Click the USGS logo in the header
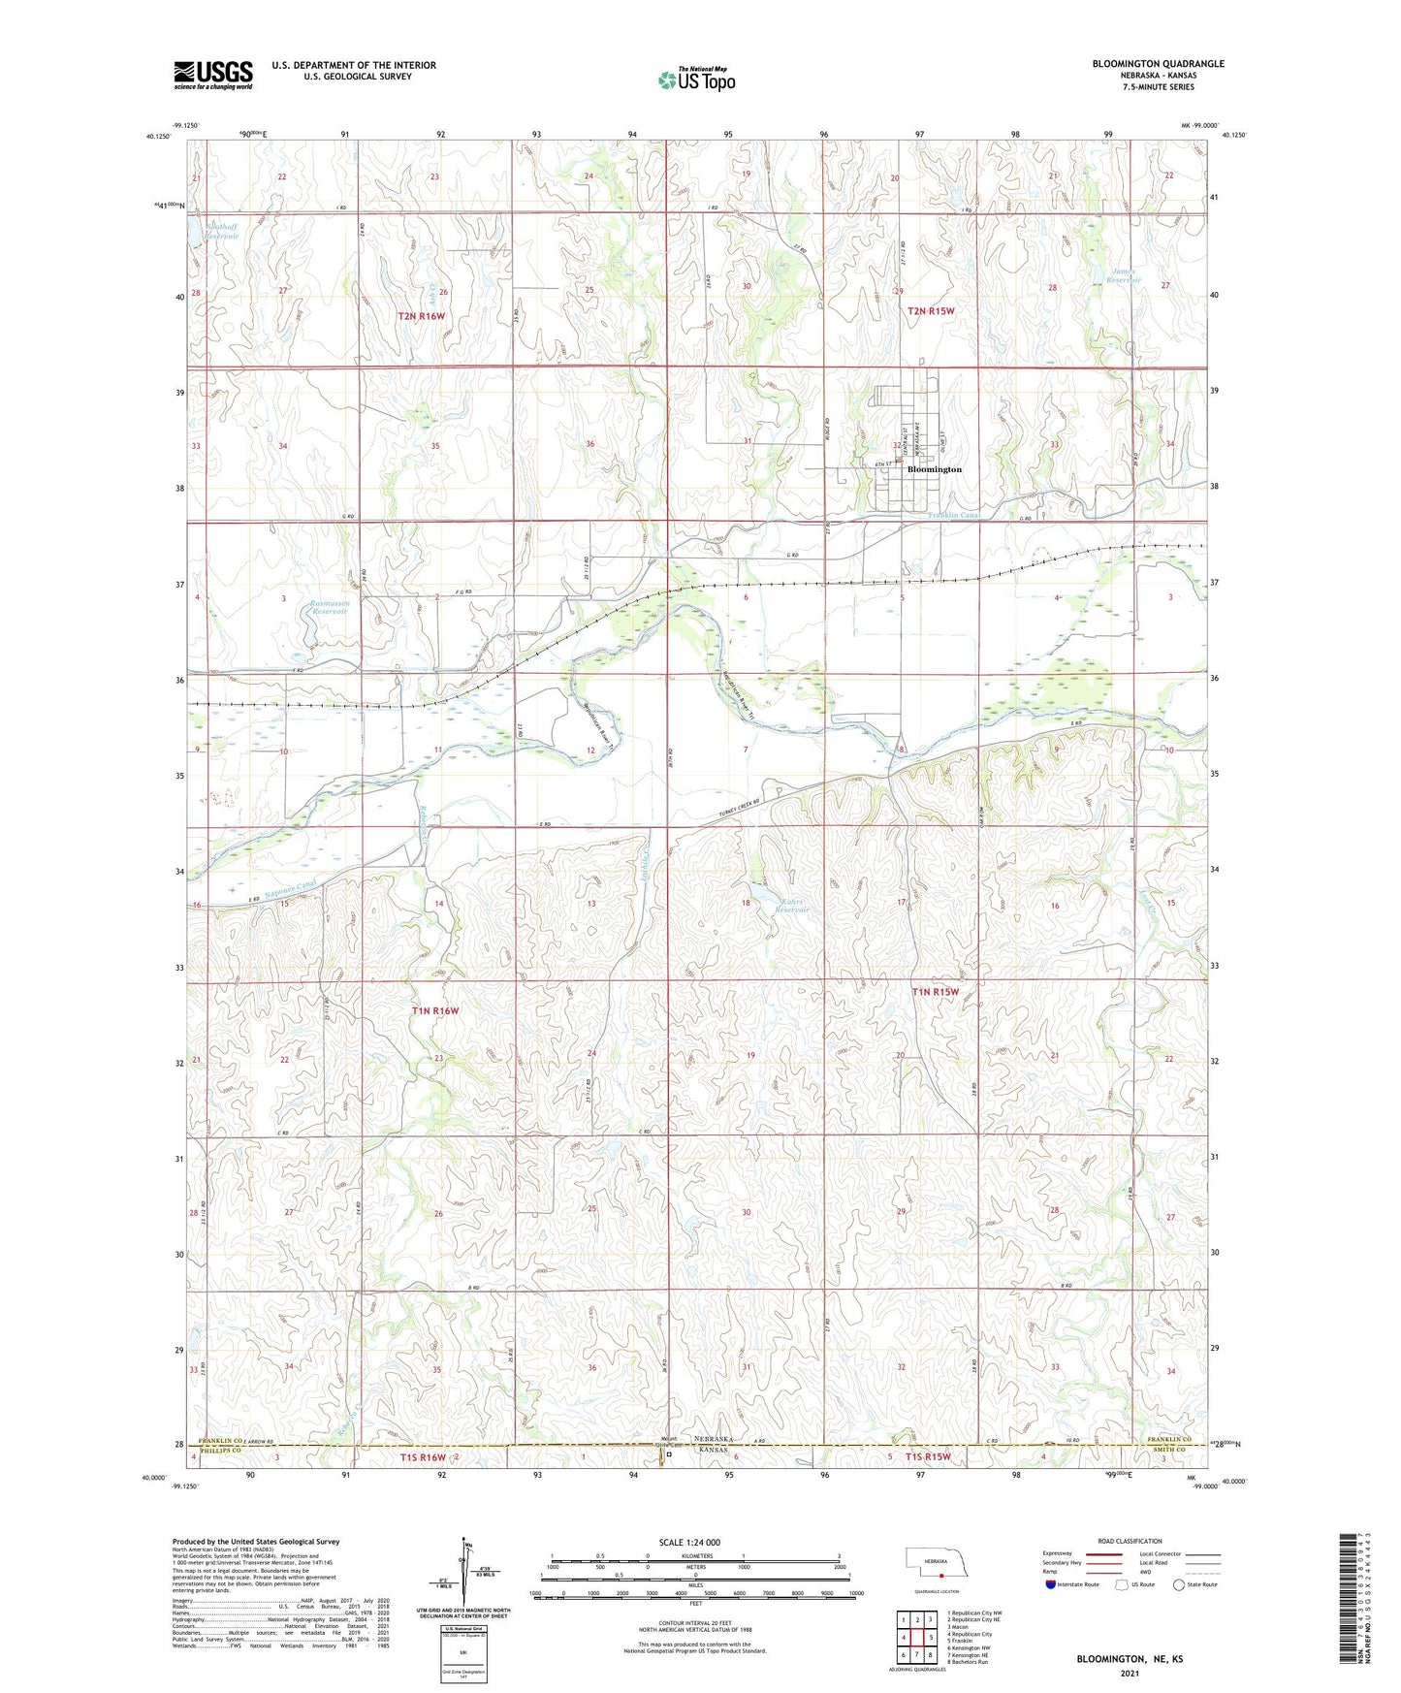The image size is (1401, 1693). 213,75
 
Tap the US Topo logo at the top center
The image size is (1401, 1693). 696,80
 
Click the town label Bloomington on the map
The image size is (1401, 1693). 934,469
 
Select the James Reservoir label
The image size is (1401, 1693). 1126,276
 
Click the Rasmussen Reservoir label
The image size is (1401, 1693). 330,608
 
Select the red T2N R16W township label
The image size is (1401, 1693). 421,316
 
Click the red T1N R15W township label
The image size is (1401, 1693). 935,991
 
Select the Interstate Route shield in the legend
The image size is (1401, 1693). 1052,1585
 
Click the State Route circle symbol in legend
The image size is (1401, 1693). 1179,1585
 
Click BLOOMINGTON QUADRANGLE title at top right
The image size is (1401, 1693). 1158,64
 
